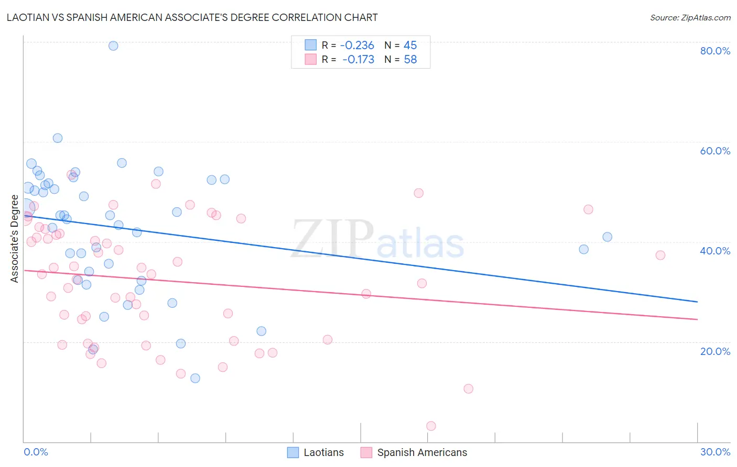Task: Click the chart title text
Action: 192,17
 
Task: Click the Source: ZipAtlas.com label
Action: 690,17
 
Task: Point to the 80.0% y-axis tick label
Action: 715,51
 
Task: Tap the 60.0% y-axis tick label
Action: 715,151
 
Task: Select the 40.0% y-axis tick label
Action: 715,251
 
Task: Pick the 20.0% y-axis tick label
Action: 715,351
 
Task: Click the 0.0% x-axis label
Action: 36,452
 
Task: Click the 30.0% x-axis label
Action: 715,452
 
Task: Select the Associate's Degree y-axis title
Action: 15,239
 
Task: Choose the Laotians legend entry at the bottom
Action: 316,452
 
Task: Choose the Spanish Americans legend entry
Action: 414,452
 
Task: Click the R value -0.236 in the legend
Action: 357,46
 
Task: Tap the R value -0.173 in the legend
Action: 358,60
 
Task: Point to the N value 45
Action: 410,46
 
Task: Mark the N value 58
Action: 410,60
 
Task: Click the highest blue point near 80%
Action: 113,46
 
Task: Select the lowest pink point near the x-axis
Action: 431,426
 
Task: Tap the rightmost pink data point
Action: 660,255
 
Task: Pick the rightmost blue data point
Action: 607,237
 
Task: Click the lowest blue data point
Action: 195,378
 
